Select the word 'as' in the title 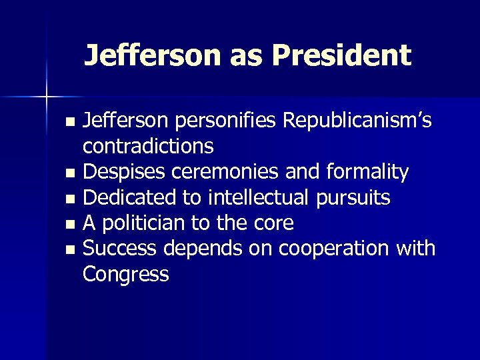click(247, 56)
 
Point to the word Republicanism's click(357, 121)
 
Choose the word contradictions click(148, 146)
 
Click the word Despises click(125, 172)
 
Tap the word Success click(119, 248)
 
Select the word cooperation click(333, 248)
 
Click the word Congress click(125, 274)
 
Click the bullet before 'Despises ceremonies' click(71, 173)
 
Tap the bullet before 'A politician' click(71, 224)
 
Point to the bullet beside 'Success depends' click(71, 249)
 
